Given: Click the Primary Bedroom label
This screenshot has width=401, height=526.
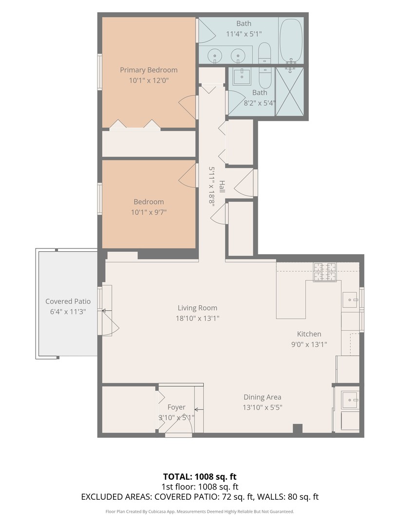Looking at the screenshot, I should [x=149, y=70].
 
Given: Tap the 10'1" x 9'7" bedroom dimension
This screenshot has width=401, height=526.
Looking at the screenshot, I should [x=149, y=212].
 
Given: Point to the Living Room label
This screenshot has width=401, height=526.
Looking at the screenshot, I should [x=197, y=308].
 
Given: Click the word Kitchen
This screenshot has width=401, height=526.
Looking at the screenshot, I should [x=309, y=334].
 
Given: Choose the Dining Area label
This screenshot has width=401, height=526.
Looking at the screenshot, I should [x=263, y=397].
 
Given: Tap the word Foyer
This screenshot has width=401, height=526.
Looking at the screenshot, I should [x=176, y=407].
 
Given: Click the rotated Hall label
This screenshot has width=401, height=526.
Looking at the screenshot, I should [x=222, y=187].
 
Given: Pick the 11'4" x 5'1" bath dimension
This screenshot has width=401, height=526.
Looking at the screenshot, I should [x=244, y=34].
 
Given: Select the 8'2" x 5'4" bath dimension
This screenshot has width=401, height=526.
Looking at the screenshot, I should [x=259, y=103].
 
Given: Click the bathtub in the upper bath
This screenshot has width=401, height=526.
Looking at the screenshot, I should [x=291, y=41].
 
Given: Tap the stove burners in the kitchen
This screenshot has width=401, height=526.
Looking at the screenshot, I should [x=325, y=272].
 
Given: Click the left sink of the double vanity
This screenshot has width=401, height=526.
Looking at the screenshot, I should [x=215, y=56].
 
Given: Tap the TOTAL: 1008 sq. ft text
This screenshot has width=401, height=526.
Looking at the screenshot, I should [x=200, y=476].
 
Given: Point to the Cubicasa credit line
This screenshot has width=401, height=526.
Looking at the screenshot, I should [x=200, y=511].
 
